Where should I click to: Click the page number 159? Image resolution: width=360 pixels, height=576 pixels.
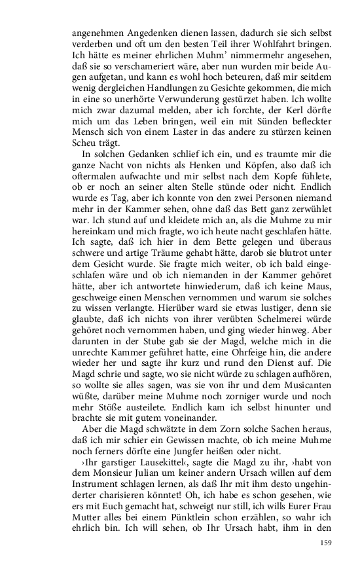[x=327, y=543]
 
